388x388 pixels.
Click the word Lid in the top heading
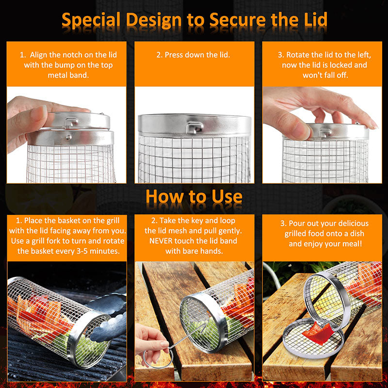[311, 20]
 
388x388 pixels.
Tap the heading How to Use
[194, 196]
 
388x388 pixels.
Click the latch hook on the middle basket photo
[195, 127]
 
